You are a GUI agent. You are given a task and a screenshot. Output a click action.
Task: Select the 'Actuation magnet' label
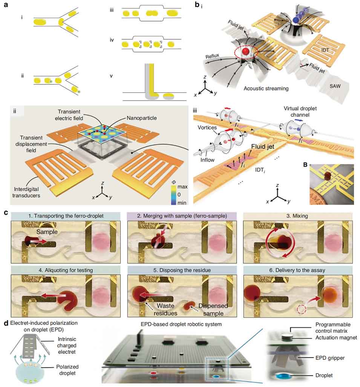(336, 338)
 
